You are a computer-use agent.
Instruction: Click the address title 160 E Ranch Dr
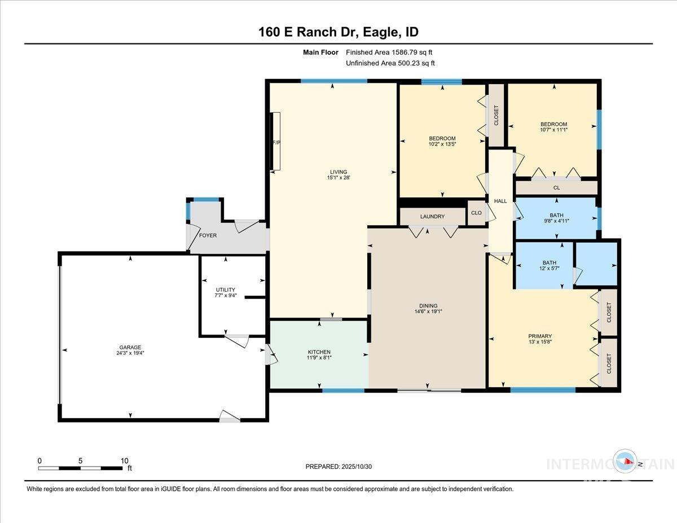(x=338, y=32)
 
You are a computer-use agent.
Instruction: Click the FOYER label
(x=208, y=235)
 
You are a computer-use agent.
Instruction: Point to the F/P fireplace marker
(x=276, y=142)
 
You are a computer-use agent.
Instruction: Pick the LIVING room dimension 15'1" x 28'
(x=338, y=178)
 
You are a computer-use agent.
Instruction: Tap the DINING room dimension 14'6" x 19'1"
(x=428, y=311)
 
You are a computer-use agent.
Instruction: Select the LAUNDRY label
(x=432, y=217)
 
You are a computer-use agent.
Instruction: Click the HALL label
(x=500, y=201)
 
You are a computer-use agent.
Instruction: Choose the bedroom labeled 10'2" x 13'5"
(x=442, y=142)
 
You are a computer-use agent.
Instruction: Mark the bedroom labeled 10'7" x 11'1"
(x=553, y=127)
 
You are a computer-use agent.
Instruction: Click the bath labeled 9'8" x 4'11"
(x=556, y=218)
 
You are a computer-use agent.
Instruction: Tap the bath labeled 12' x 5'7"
(x=549, y=266)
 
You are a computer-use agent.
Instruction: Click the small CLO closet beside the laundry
(x=477, y=213)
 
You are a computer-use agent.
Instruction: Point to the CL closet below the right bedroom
(x=556, y=188)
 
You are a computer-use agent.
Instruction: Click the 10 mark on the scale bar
(x=125, y=460)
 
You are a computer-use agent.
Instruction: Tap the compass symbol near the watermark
(x=626, y=462)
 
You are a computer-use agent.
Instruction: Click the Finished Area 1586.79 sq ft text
(x=389, y=52)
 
